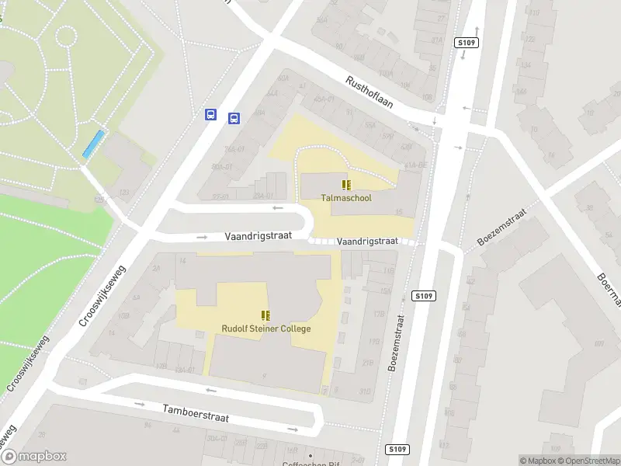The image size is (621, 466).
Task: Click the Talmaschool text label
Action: click(x=346, y=198)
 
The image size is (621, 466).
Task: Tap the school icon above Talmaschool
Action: click(x=346, y=185)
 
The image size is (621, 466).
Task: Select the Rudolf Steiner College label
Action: click(x=266, y=329)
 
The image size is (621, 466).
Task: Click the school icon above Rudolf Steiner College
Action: click(x=266, y=315)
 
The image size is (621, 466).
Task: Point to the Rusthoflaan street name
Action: click(x=370, y=92)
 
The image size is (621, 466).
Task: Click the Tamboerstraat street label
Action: click(x=196, y=412)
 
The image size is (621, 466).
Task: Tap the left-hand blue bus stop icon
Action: click(x=210, y=114)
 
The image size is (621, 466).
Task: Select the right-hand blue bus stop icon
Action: click(x=234, y=118)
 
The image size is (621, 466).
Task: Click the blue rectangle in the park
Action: click(x=93, y=143)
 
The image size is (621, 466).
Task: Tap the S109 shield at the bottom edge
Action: click(x=397, y=449)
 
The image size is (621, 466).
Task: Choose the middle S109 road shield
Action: click(x=424, y=296)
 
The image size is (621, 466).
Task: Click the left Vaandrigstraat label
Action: click(x=258, y=235)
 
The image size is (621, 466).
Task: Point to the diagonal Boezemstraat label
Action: click(x=502, y=226)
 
